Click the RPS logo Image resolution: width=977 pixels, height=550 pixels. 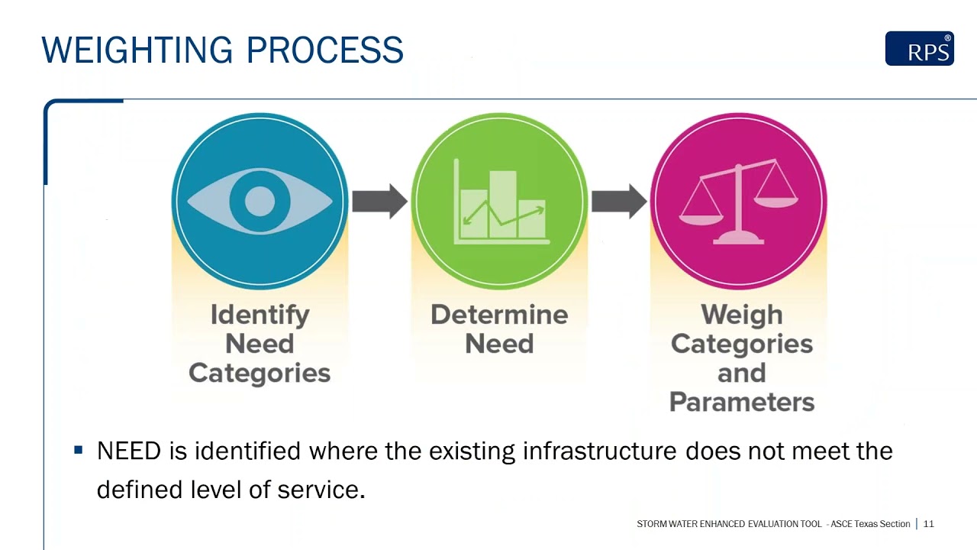click(x=919, y=49)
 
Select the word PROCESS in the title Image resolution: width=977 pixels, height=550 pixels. click(x=324, y=50)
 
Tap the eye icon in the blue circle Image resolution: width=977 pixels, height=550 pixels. click(x=260, y=201)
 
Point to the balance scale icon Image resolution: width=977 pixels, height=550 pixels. click(x=738, y=202)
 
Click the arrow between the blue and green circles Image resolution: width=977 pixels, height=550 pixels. click(x=379, y=201)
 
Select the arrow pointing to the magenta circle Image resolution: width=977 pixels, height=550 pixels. click(x=619, y=201)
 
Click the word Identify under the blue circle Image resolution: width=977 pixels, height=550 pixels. click(x=260, y=315)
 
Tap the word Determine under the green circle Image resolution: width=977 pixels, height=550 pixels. click(x=499, y=315)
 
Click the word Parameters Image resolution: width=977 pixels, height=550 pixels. click(x=741, y=402)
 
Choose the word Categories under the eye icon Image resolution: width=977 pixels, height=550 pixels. click(x=260, y=373)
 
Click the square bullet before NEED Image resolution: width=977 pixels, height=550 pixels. click(x=78, y=451)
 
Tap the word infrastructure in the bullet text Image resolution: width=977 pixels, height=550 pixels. click(x=599, y=451)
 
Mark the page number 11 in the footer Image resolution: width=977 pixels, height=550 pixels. click(x=929, y=524)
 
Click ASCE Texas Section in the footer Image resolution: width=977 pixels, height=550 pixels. click(x=870, y=524)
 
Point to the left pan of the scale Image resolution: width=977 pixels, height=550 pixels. click(x=701, y=218)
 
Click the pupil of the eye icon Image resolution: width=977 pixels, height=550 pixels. click(x=260, y=201)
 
